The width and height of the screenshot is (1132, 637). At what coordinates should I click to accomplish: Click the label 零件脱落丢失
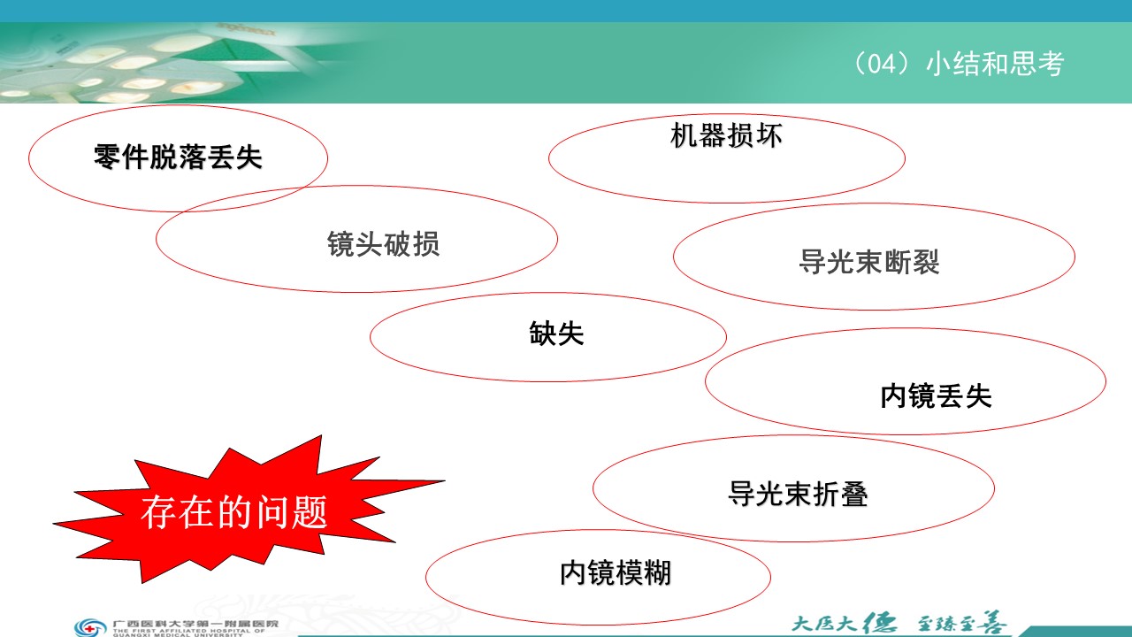(x=178, y=157)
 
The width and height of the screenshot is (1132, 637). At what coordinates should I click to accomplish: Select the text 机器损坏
(x=726, y=135)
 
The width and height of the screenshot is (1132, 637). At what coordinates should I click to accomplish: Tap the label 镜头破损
(x=383, y=244)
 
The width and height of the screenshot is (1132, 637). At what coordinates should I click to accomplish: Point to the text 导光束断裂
(x=868, y=262)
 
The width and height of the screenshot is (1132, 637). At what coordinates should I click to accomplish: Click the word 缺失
(x=556, y=334)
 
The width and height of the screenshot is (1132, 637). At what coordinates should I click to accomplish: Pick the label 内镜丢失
(x=936, y=395)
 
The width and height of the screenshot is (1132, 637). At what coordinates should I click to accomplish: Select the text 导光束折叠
(x=798, y=494)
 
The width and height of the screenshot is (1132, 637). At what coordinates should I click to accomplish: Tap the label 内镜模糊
(x=616, y=572)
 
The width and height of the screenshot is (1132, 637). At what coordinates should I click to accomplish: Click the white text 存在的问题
(x=234, y=512)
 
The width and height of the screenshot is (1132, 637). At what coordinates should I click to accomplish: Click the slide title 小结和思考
(x=995, y=65)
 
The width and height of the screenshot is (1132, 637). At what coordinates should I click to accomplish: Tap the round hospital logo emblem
(x=90, y=627)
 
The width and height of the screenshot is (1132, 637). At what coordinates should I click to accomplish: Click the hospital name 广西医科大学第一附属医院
(x=195, y=624)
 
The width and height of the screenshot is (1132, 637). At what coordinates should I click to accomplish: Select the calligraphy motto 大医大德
(x=844, y=623)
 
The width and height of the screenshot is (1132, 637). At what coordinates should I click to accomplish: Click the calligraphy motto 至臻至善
(x=960, y=623)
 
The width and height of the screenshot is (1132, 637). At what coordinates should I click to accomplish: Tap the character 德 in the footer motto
(x=879, y=623)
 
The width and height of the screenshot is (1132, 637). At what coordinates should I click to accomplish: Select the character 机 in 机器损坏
(x=685, y=135)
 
